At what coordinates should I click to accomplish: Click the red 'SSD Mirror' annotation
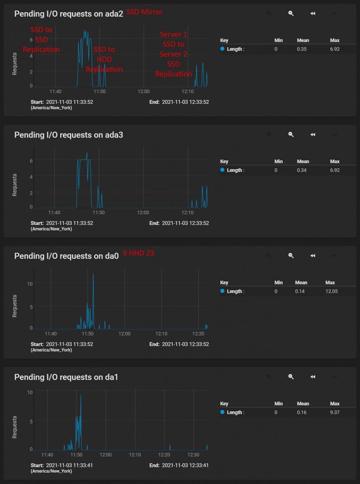click(x=145, y=12)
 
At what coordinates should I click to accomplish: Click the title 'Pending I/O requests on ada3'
click(x=69, y=135)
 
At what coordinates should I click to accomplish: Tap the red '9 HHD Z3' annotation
click(x=138, y=254)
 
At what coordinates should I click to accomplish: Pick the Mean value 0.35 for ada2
click(x=303, y=49)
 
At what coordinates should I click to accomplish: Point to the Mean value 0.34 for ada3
click(x=303, y=170)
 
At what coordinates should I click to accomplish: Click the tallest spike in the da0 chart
click(x=93, y=274)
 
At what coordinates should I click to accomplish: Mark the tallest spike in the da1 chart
click(x=81, y=395)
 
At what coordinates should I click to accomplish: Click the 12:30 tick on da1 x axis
click(x=194, y=455)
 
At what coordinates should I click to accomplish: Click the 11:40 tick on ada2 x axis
click(x=55, y=92)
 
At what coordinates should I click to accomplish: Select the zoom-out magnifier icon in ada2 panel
click(x=291, y=13)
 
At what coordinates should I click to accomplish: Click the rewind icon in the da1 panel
click(x=312, y=377)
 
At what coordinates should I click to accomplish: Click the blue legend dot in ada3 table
click(x=223, y=170)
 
